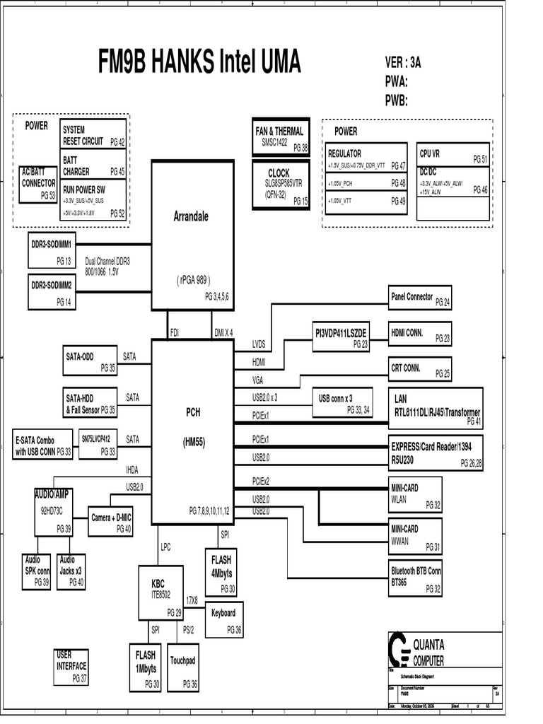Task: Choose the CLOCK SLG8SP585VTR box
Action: click(x=281, y=185)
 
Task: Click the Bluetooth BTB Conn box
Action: click(x=416, y=578)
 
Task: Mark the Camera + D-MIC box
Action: click(x=111, y=522)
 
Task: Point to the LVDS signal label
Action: click(x=259, y=344)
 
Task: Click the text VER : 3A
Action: click(x=403, y=62)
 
